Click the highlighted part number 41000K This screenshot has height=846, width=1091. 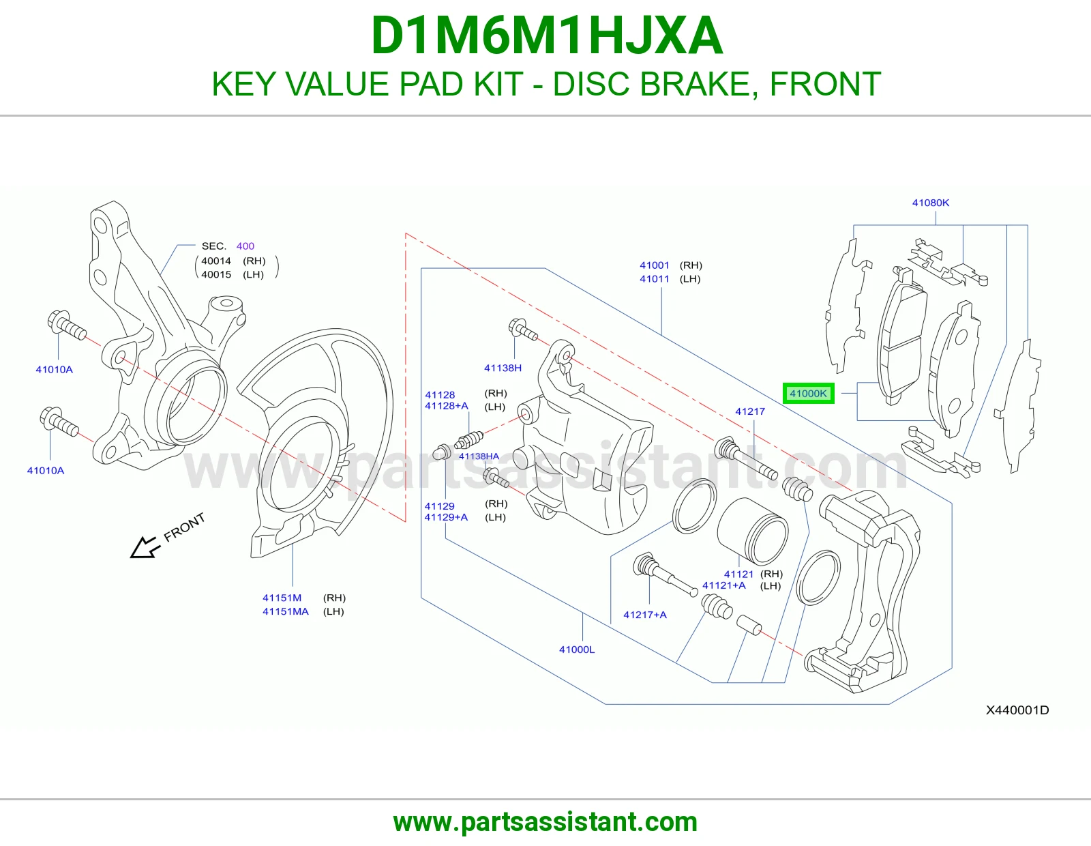coord(808,394)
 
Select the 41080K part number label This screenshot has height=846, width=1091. coord(930,203)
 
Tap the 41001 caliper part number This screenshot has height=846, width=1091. coord(654,265)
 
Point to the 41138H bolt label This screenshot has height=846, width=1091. coord(503,368)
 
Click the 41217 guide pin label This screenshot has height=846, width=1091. coord(750,411)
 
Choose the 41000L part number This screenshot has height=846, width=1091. coord(577,650)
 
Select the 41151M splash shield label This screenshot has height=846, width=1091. coord(282,598)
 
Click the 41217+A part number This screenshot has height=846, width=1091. coord(644,615)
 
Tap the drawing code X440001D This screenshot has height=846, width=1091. coord(1017,710)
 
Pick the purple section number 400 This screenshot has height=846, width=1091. coord(245,246)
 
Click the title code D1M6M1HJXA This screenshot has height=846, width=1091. coord(546,36)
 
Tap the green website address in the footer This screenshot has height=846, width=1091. coord(545,822)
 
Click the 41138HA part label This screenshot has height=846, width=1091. coord(479,456)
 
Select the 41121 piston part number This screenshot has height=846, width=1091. coord(738,574)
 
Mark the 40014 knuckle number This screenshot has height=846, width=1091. coord(216,261)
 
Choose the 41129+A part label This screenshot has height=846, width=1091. coord(446,517)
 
